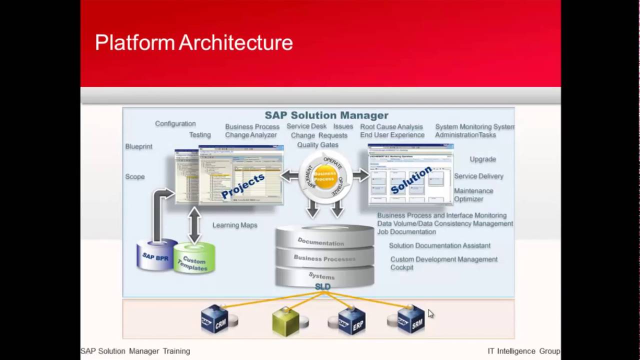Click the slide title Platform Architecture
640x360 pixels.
193,42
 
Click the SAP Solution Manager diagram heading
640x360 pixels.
326,115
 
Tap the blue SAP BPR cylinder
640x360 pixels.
156,256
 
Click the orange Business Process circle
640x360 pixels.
324,176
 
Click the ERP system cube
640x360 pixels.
352,319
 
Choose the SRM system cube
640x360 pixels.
411,319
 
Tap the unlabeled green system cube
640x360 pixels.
286,321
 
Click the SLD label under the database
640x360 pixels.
322,286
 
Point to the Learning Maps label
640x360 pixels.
234,225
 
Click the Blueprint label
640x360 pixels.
138,146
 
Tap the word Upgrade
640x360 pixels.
482,159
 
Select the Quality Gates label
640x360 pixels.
317,144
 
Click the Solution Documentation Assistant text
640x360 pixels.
439,245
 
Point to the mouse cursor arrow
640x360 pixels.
430,313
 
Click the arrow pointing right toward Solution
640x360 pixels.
360,175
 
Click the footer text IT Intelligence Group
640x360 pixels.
523,351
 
